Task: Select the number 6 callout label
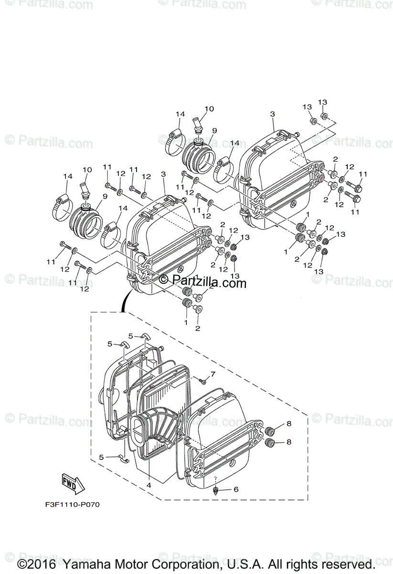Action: (x=235, y=489)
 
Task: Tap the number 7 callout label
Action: (x=213, y=374)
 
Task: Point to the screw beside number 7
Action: (x=202, y=381)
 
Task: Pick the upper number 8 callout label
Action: (x=288, y=424)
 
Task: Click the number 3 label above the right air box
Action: (x=272, y=114)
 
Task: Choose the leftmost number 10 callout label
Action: (x=87, y=170)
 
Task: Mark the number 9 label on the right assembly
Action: (x=214, y=130)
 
